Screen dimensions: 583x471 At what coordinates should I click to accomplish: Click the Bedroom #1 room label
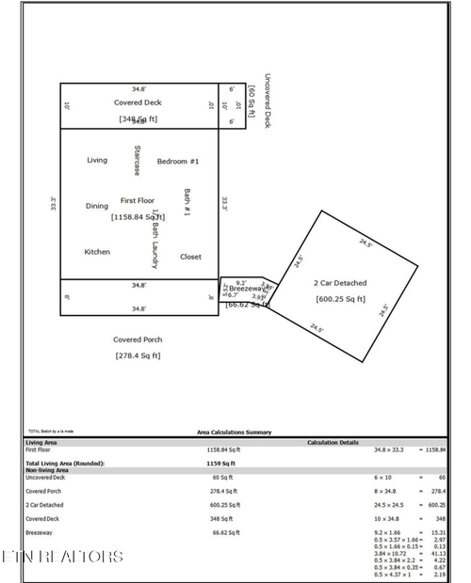[x=178, y=161]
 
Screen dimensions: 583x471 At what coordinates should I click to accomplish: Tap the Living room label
[x=97, y=160]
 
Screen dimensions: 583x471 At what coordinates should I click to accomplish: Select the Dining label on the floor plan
[x=97, y=206]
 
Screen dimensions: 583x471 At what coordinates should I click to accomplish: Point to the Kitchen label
[x=97, y=252]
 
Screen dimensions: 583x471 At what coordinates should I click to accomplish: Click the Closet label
[x=190, y=256]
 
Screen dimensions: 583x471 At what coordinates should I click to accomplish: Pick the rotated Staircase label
[x=138, y=161]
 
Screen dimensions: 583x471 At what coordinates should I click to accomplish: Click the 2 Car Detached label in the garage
[x=340, y=283]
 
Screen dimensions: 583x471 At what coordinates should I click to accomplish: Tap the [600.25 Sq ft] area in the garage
[x=340, y=299]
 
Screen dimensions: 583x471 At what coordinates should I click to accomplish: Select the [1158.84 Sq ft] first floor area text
[x=138, y=216]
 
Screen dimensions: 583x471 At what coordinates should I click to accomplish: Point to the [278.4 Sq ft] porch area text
[x=138, y=355]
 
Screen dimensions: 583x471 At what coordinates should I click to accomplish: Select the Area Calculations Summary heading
[x=234, y=433]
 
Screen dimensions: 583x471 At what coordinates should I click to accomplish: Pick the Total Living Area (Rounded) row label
[x=65, y=465]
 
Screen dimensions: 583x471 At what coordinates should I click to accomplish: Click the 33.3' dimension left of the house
[x=54, y=202]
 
